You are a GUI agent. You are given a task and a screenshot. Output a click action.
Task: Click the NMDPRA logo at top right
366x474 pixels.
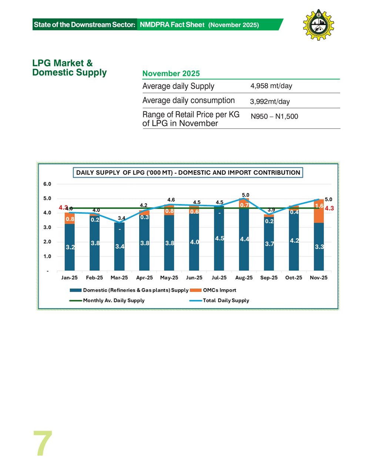[318, 25]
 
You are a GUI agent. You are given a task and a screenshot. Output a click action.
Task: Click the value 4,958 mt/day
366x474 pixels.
[271, 86]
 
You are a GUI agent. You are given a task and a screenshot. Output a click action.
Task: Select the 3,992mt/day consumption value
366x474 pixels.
[270, 101]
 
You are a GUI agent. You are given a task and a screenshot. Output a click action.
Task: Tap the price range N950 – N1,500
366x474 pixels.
[274, 116]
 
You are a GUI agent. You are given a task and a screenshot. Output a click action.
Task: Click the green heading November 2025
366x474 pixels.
[171, 73]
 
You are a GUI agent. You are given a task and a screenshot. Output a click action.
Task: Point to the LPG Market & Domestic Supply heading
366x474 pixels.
[69, 68]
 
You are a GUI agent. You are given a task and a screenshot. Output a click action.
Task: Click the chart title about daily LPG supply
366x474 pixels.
[188, 173]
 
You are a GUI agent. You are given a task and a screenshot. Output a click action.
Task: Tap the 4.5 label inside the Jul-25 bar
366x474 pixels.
[219, 238]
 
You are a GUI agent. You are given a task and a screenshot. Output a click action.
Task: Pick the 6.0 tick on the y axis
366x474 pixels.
[47, 184]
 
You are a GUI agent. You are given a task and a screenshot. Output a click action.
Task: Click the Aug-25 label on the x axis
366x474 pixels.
[244, 278]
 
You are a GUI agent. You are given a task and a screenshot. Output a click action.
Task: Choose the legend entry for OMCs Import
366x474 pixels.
[219, 290]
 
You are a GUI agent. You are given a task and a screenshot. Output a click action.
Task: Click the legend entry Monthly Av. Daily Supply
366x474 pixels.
[113, 300]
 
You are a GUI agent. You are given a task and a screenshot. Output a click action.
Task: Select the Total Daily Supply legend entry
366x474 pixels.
[226, 300]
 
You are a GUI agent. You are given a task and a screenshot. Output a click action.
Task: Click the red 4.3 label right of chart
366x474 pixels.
[329, 208]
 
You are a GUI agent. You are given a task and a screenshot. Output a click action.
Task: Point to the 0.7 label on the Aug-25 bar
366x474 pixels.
[244, 205]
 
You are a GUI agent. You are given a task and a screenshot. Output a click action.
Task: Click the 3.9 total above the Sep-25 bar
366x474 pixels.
[271, 210]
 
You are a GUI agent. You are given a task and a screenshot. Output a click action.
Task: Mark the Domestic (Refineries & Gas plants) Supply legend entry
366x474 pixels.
[135, 290]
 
